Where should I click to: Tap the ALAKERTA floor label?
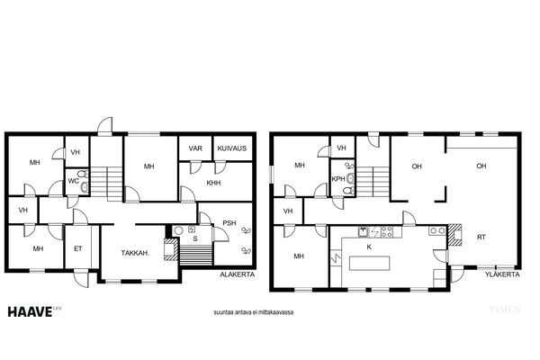(238, 274)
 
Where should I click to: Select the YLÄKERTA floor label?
(502, 274)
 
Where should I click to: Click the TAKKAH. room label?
(135, 253)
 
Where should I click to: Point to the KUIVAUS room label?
(232, 148)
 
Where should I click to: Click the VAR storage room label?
(195, 148)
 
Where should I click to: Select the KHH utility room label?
(213, 183)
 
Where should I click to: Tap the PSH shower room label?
(229, 223)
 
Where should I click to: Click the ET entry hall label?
(78, 248)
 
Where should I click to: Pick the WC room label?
(74, 181)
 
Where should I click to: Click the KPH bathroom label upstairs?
(338, 179)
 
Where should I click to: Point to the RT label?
(481, 237)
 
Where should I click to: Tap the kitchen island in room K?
(370, 263)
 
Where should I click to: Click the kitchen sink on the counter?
(363, 232)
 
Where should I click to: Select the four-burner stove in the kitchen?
(387, 231)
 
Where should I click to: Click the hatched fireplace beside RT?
(454, 235)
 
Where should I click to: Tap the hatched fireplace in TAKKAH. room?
(170, 249)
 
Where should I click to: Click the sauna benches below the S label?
(196, 256)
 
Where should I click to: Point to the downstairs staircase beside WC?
(106, 184)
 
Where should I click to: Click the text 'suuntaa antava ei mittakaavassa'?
(254, 312)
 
